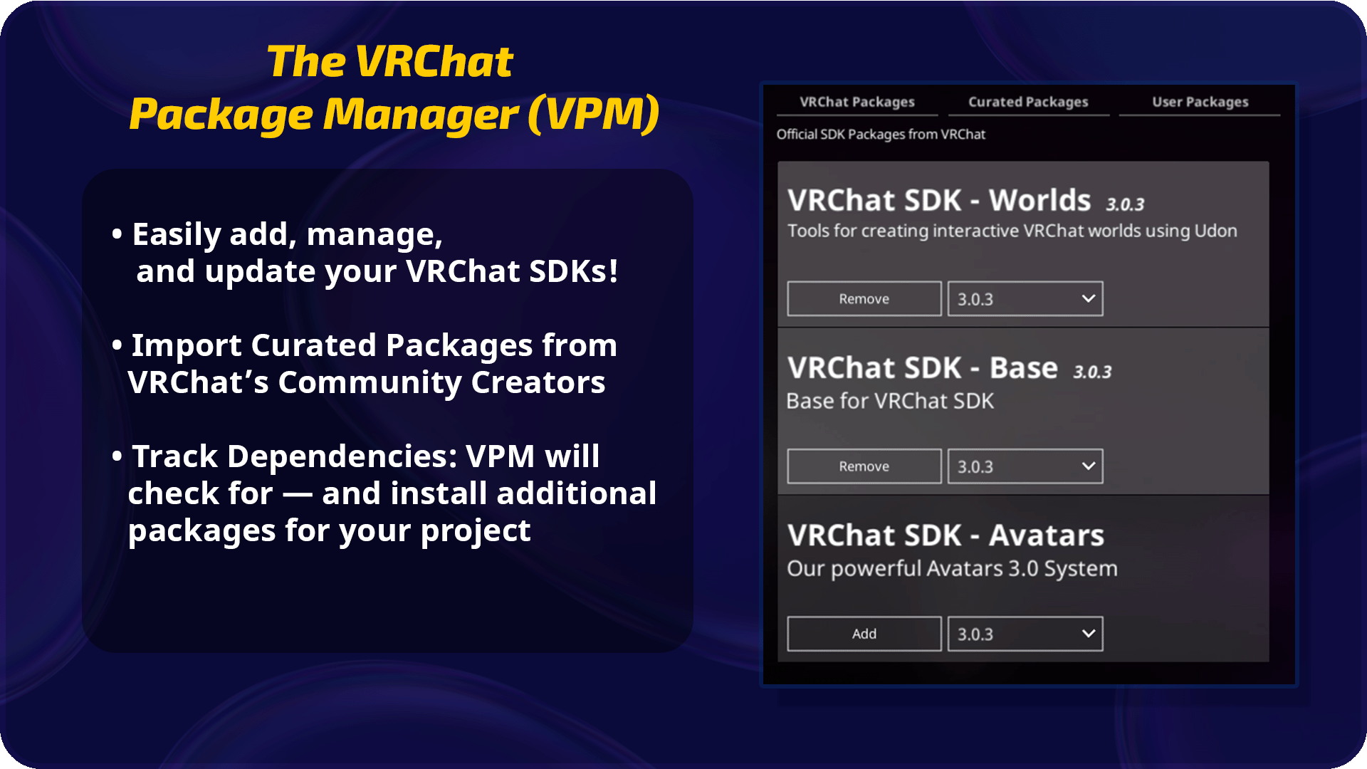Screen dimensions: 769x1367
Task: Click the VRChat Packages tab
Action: tap(857, 102)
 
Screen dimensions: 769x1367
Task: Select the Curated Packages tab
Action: tap(1028, 102)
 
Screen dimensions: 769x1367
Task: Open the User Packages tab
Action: tap(1200, 102)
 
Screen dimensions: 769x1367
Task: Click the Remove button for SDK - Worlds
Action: tap(864, 299)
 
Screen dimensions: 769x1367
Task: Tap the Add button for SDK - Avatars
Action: tap(864, 634)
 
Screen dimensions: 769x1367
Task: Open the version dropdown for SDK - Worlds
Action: tap(1025, 299)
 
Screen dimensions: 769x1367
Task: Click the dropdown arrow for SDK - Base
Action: tap(1088, 466)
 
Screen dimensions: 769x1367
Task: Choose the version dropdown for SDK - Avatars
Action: tap(1025, 634)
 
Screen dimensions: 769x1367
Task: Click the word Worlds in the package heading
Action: tap(1039, 201)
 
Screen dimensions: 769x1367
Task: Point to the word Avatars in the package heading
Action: tap(1047, 535)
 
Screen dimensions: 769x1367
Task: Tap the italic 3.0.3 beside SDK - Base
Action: tap(1092, 372)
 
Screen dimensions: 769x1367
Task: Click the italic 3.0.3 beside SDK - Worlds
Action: tap(1125, 205)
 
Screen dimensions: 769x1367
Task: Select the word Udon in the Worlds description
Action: tap(1215, 231)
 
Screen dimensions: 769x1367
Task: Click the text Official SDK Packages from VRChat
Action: tap(881, 135)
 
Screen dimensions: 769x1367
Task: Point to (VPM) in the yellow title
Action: tap(593, 114)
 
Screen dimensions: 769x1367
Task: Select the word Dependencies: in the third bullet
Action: tap(342, 456)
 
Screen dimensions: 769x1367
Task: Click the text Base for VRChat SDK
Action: tap(890, 401)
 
